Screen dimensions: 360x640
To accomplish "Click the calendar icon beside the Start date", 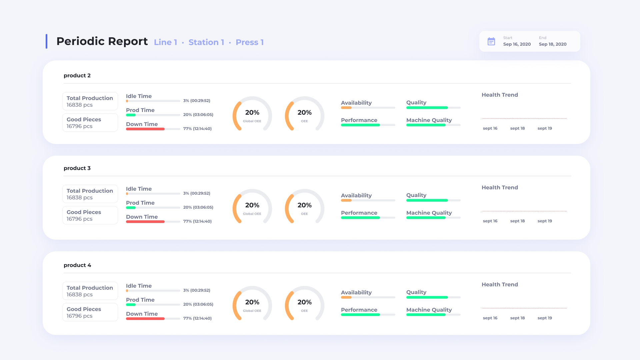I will coord(491,41).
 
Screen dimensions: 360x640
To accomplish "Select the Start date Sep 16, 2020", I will coord(517,44).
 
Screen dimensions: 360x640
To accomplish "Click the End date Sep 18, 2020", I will coord(552,44).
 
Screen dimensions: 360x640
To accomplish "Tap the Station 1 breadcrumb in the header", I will coord(206,42).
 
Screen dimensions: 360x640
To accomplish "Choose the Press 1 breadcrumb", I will coord(249,42).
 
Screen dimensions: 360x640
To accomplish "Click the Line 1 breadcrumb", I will coord(165,42).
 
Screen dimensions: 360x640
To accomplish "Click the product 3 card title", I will coord(77,168).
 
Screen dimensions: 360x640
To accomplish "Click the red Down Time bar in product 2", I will coord(145,129).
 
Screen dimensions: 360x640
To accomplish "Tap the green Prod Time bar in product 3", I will coord(131,208).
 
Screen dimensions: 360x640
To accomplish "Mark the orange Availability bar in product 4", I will coord(346,297).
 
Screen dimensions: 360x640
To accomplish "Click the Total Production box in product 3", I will coord(90,194).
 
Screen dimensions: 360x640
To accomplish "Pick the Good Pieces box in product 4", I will coord(90,312).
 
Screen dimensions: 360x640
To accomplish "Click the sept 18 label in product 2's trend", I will coord(517,128).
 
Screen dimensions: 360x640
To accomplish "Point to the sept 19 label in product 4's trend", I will coord(545,318).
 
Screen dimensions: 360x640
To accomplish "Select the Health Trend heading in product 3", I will coord(500,188).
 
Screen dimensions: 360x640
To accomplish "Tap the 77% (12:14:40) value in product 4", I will coord(197,318).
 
